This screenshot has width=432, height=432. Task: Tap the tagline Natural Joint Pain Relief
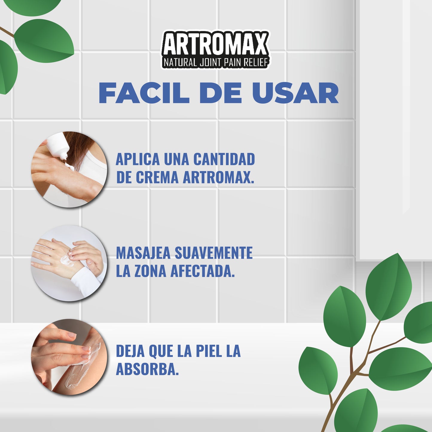tap(215, 62)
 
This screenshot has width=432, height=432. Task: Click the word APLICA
tap(138, 159)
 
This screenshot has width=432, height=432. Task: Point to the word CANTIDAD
tap(224, 159)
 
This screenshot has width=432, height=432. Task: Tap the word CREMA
tap(157, 177)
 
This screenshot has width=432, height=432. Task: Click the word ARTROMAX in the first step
tap(218, 177)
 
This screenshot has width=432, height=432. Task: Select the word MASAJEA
tap(143, 253)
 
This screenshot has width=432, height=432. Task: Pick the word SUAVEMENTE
tap(213, 253)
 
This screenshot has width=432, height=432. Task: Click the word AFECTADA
tap(202, 271)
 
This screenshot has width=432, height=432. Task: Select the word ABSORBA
tap(147, 369)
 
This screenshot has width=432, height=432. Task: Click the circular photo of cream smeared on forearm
tap(69, 357)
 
